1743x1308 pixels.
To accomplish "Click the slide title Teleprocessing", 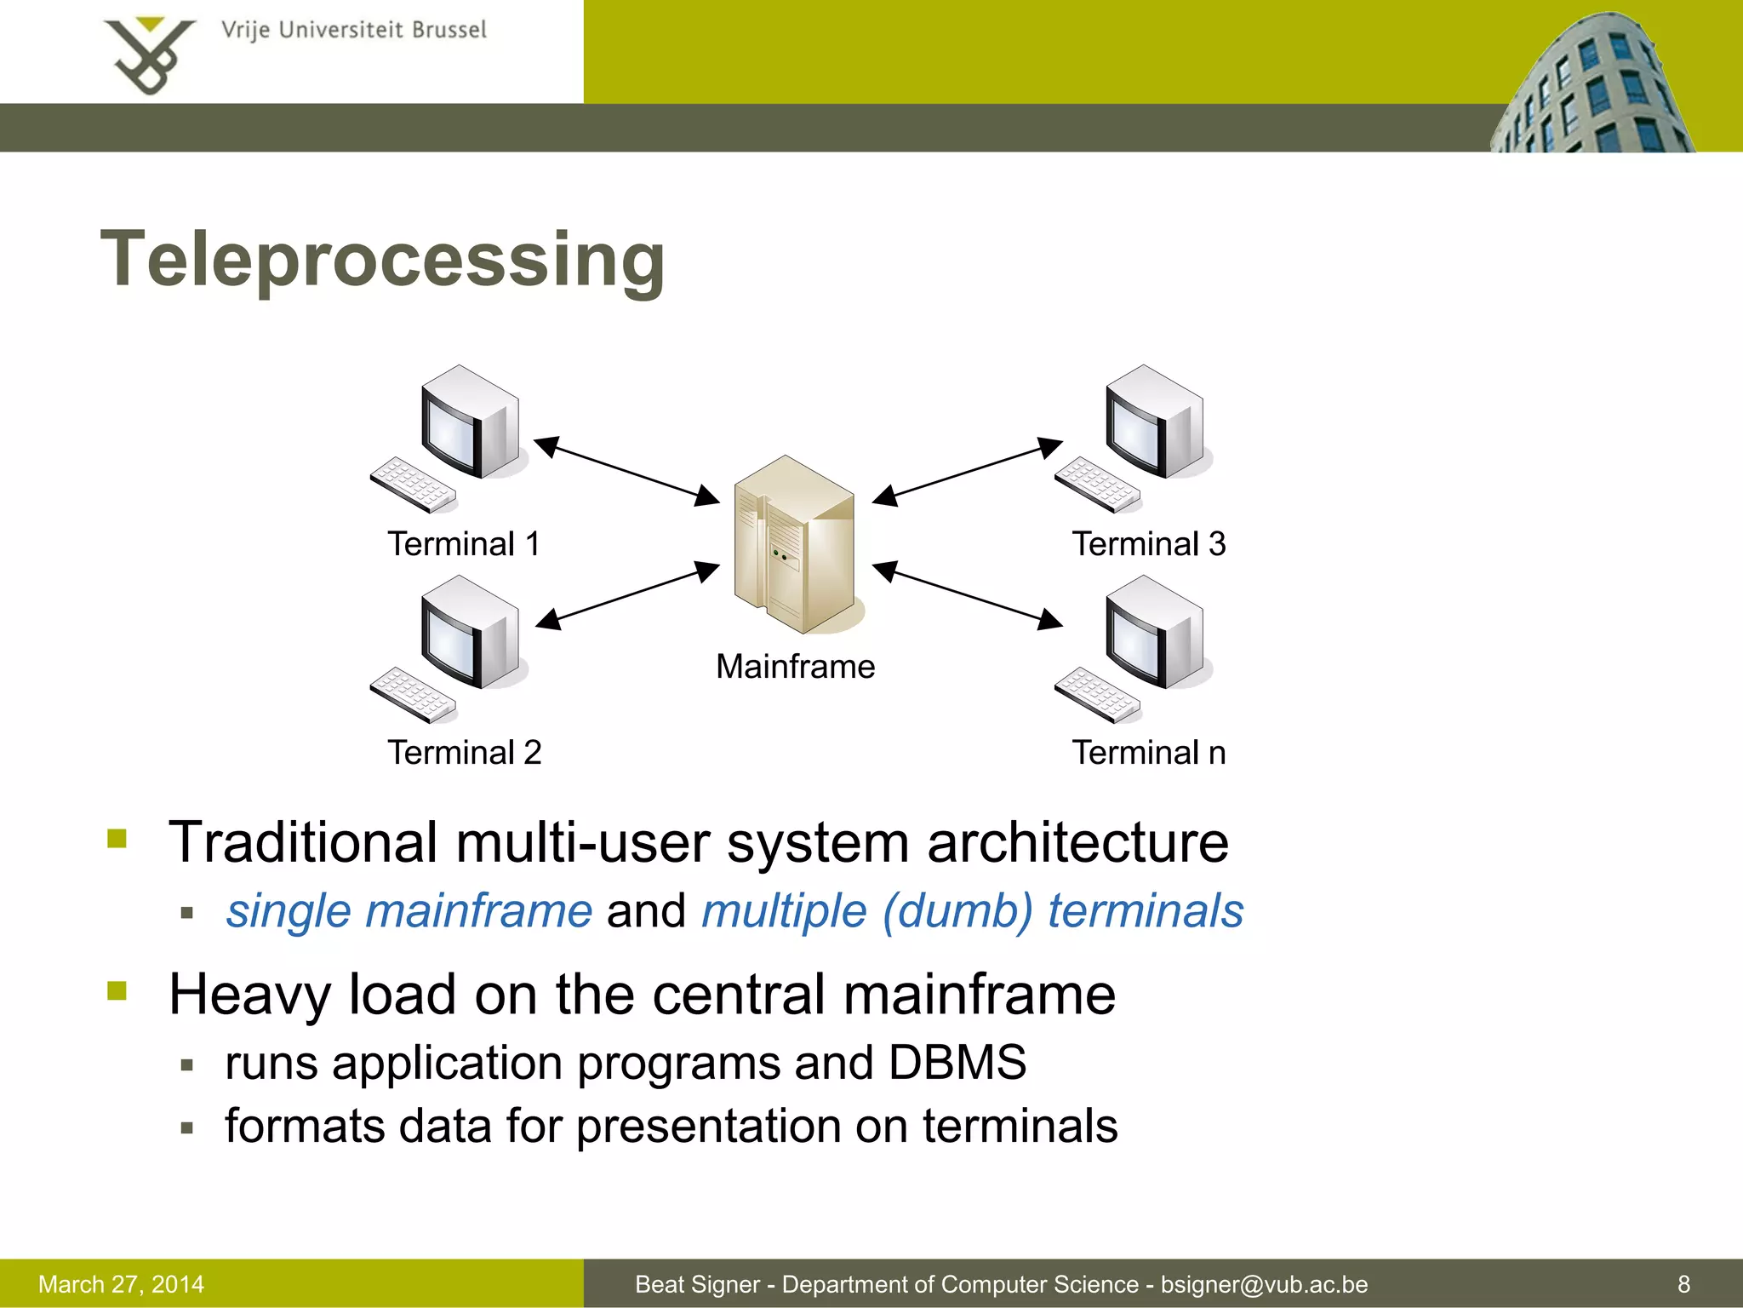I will pos(383,260).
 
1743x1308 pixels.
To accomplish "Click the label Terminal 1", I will pos(464,544).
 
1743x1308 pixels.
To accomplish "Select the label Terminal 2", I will pos(464,753).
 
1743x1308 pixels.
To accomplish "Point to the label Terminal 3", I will pos(1148,544).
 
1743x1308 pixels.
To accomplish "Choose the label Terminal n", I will pos(1148,753).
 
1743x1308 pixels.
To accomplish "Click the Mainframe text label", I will pos(795,666).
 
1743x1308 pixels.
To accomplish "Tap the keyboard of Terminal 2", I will pos(413,694).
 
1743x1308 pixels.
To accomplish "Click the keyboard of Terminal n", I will pos(1097,694).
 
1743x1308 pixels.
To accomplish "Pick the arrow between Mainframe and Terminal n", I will pos(968,595).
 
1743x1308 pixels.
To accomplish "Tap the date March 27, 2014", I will pos(121,1284).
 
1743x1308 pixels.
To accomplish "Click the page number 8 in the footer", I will pos(1683,1284).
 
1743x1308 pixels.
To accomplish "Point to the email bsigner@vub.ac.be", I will pos(1264,1284).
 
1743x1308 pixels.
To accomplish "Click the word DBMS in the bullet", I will pos(957,1063).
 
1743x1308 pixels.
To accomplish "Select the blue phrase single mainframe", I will pos(409,911).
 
